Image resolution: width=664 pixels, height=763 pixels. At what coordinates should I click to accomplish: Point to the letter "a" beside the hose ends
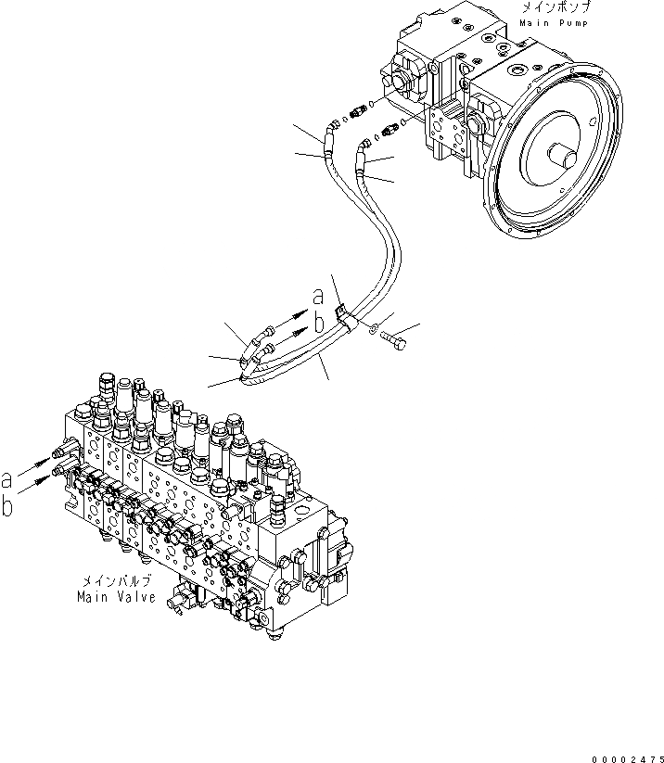(318, 297)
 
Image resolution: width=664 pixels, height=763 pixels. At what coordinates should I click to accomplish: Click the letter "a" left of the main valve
(8, 480)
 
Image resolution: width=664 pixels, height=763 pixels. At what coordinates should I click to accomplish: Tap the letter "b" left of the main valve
(8, 506)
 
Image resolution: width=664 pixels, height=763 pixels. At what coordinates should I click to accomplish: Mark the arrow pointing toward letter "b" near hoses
(296, 330)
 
